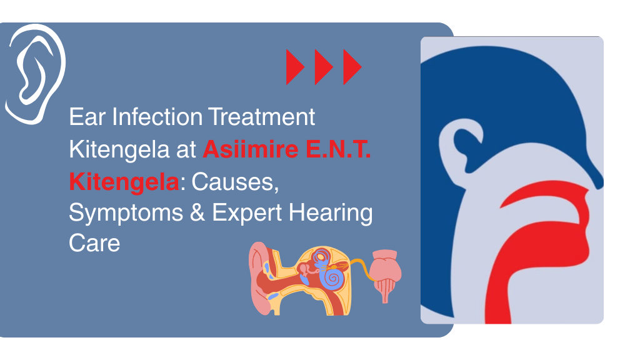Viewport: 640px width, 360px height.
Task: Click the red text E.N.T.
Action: (x=344, y=149)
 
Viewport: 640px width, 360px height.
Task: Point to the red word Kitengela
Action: (x=124, y=182)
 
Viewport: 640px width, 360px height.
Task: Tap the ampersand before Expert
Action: (x=199, y=213)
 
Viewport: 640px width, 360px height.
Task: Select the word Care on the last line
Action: (x=94, y=243)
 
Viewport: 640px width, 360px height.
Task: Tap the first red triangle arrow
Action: (x=294, y=67)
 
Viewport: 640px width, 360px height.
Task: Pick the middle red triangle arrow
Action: (x=323, y=67)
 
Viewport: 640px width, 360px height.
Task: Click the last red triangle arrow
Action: (x=352, y=67)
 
